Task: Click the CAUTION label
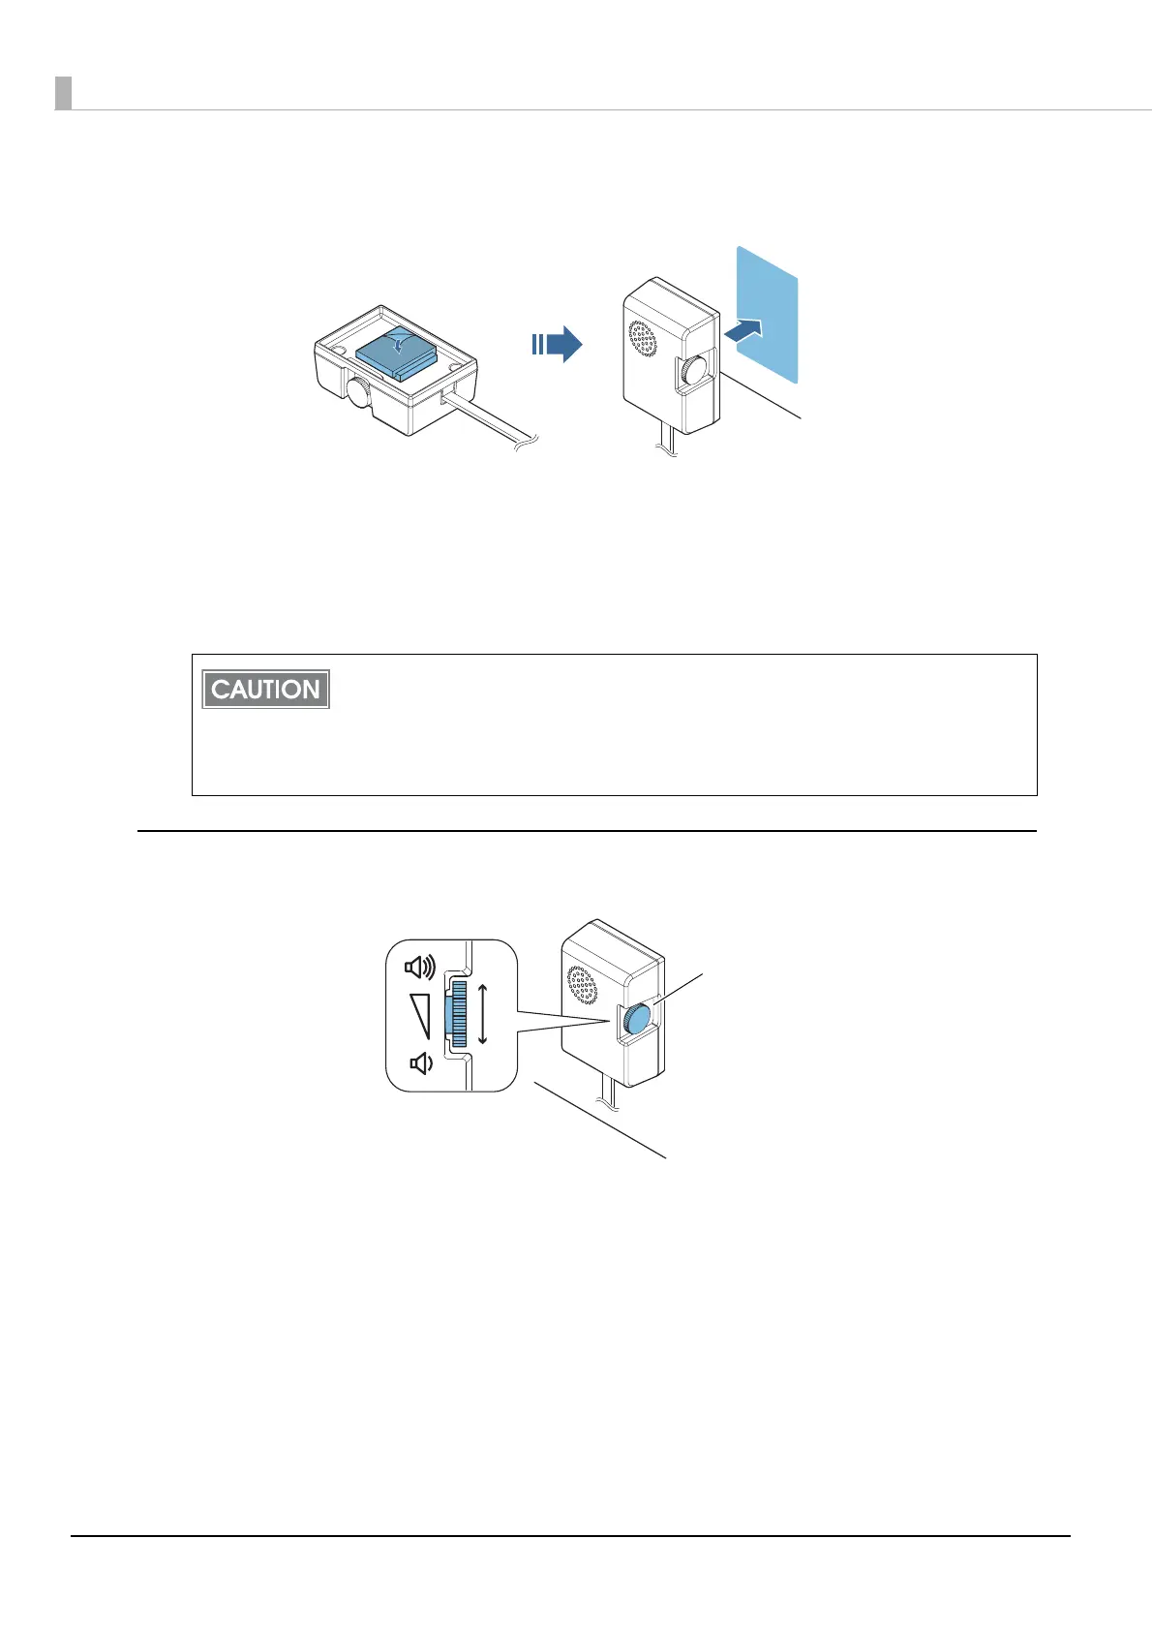pyautogui.click(x=265, y=689)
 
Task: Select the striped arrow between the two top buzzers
pyautogui.click(x=556, y=344)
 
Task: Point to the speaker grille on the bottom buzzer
pyautogui.click(x=582, y=984)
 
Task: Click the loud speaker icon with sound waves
pyautogui.click(x=420, y=967)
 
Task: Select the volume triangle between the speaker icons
pyautogui.click(x=419, y=1015)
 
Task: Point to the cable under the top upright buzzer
pyautogui.click(x=665, y=444)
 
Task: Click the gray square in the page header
pyautogui.click(x=63, y=93)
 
